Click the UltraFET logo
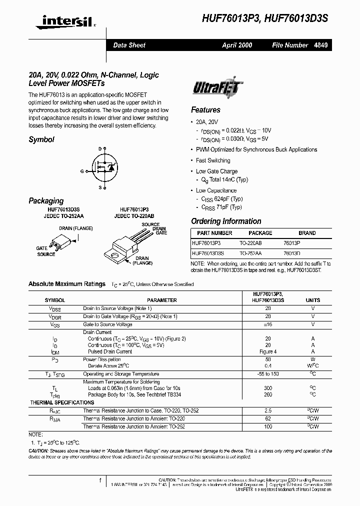217,89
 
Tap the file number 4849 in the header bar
320,45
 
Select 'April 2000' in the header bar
237,45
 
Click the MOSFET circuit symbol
106,168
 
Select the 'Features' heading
205,110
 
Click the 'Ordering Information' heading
226,221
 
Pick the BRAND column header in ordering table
307,233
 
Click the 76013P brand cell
306,243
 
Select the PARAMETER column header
161,300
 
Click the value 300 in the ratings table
268,387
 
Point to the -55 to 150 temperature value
268,374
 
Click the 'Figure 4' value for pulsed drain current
268,352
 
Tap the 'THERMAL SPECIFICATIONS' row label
62,402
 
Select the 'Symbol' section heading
41,140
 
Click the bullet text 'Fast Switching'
213,160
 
